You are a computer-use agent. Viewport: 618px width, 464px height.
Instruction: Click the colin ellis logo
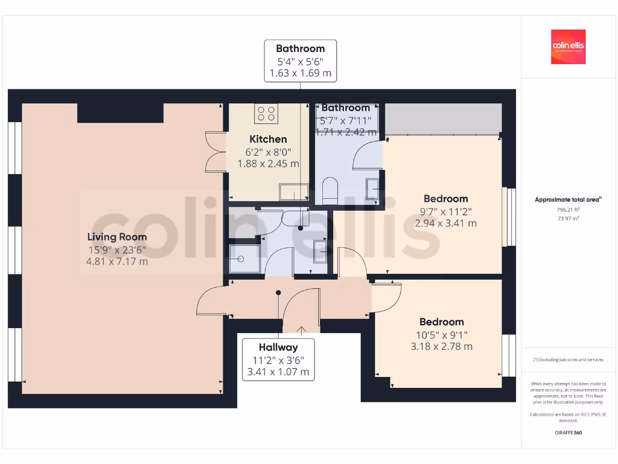pyautogui.click(x=568, y=47)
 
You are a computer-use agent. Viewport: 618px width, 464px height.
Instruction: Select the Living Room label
pyautogui.click(x=117, y=237)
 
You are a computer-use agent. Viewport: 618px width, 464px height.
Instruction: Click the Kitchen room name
pyautogui.click(x=268, y=139)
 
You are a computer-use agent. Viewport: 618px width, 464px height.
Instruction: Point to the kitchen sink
pyautogui.click(x=293, y=193)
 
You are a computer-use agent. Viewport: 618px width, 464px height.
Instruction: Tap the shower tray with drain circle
pyautogui.click(x=244, y=259)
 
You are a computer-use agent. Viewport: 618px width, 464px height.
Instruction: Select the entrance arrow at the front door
pyautogui.click(x=301, y=329)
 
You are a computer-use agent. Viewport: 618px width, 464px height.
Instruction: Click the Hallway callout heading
pyautogui.click(x=278, y=347)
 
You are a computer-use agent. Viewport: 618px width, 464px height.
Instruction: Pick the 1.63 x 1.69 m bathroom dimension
pyautogui.click(x=300, y=74)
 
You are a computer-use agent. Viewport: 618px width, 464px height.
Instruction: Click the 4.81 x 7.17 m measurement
pyautogui.click(x=117, y=262)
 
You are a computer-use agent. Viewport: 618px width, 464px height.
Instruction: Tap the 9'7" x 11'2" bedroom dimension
pyautogui.click(x=445, y=211)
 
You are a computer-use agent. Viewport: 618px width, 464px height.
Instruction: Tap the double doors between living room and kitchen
pyautogui.click(x=214, y=152)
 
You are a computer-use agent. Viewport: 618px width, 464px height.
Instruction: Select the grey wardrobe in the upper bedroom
pyautogui.click(x=442, y=118)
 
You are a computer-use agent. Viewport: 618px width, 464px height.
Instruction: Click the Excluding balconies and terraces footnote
pyautogui.click(x=568, y=359)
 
